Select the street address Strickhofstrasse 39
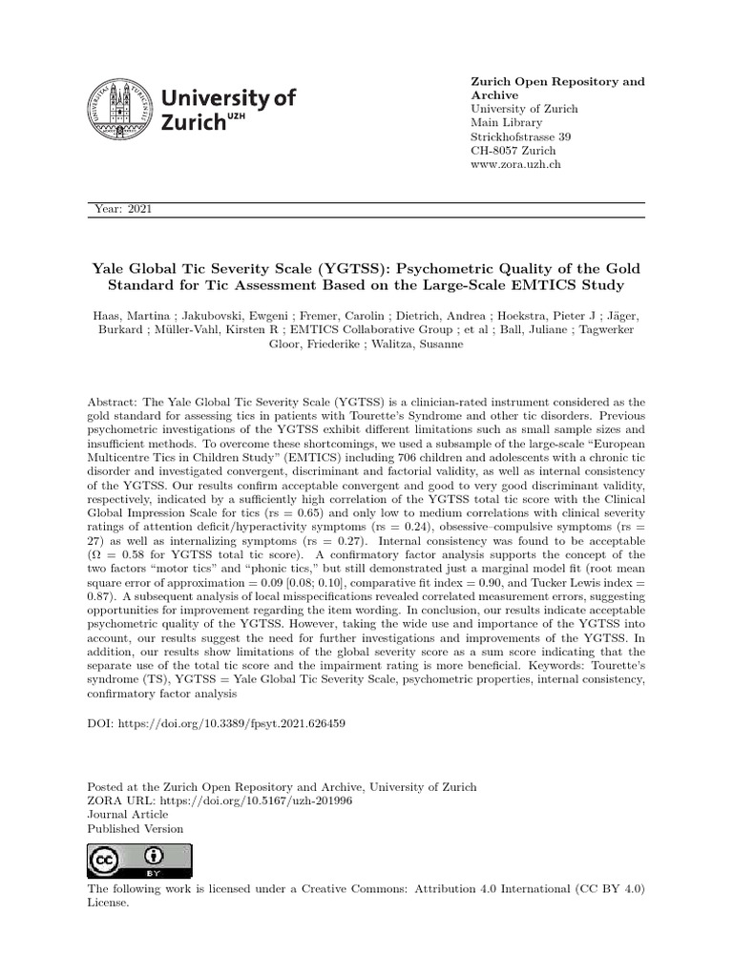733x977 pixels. (x=521, y=136)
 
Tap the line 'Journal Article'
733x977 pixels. (x=128, y=815)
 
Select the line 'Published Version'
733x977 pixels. (x=136, y=829)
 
